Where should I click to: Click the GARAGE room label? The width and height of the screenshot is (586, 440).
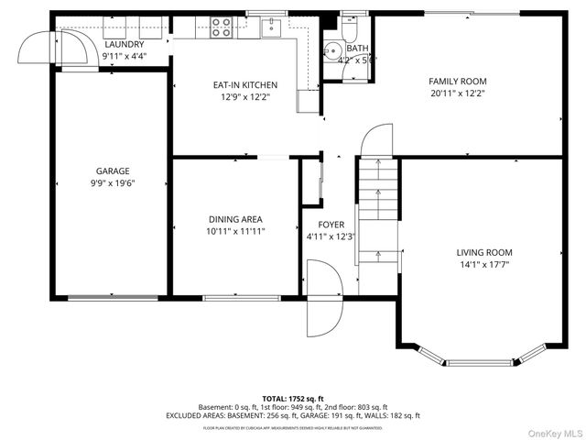(114, 170)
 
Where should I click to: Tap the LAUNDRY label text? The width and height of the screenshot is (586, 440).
(124, 44)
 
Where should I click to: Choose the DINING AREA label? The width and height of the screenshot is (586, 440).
(235, 219)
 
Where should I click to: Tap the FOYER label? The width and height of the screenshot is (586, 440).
(331, 225)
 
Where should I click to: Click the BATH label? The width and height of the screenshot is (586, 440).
(357, 49)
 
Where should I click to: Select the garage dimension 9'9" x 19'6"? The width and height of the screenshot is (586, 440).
(114, 183)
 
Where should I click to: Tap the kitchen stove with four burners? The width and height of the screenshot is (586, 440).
(222, 27)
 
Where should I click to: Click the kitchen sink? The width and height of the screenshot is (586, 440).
(272, 28)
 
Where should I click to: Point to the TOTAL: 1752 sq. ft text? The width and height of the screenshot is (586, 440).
(293, 398)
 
